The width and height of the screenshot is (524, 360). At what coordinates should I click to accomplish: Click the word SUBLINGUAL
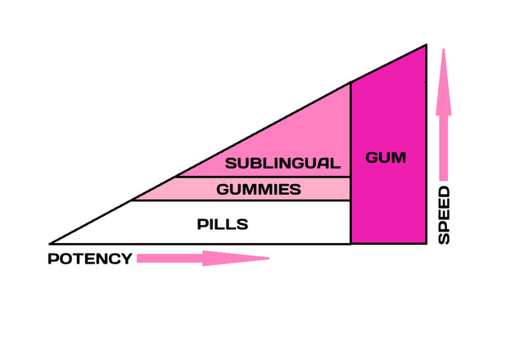click(282, 163)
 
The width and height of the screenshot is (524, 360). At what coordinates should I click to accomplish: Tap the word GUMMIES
click(259, 190)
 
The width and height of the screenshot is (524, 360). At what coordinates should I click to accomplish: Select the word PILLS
click(223, 223)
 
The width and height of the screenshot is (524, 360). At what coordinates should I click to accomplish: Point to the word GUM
click(386, 157)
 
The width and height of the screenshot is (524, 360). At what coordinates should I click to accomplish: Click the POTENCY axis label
click(90, 259)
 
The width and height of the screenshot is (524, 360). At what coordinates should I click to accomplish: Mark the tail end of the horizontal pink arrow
click(138, 259)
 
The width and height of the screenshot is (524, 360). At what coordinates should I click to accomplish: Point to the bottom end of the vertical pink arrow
click(444, 178)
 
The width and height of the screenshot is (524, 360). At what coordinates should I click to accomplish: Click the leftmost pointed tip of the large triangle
click(51, 243)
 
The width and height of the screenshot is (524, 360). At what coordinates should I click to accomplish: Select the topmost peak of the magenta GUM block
click(426, 46)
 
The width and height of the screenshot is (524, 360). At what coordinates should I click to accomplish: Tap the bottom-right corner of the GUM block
click(426, 243)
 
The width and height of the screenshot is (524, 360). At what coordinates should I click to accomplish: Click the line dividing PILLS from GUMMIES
click(242, 201)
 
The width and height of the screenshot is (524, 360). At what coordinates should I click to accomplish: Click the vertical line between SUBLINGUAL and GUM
click(351, 131)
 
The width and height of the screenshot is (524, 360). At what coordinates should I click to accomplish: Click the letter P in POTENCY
click(52, 259)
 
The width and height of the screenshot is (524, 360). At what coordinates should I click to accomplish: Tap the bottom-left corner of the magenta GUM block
click(351, 243)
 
